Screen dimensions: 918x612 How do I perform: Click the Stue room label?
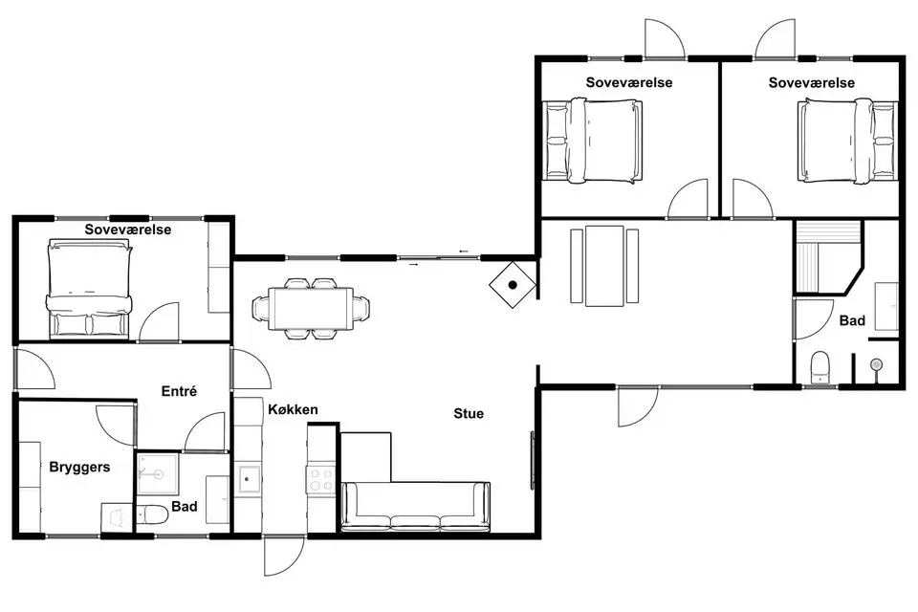[x=469, y=413]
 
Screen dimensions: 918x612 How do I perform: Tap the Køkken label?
[x=293, y=409]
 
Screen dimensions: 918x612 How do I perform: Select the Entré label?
[x=179, y=391]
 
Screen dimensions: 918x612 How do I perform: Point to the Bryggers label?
[x=79, y=468]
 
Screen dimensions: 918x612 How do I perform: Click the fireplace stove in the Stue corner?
[x=513, y=285]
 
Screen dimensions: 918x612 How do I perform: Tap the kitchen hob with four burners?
[x=321, y=478]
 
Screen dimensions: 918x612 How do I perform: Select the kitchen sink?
[x=248, y=478]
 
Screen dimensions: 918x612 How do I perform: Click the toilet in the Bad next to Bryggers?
[x=153, y=514]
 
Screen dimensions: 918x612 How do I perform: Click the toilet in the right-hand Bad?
[x=820, y=367]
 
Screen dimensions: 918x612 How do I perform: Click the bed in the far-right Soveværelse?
[x=847, y=142]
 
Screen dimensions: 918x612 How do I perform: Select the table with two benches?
[x=604, y=266]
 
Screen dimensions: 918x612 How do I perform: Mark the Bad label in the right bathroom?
[x=852, y=320]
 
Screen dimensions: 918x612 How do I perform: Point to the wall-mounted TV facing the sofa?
[x=533, y=460]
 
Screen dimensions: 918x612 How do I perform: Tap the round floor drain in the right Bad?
[x=877, y=365]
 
